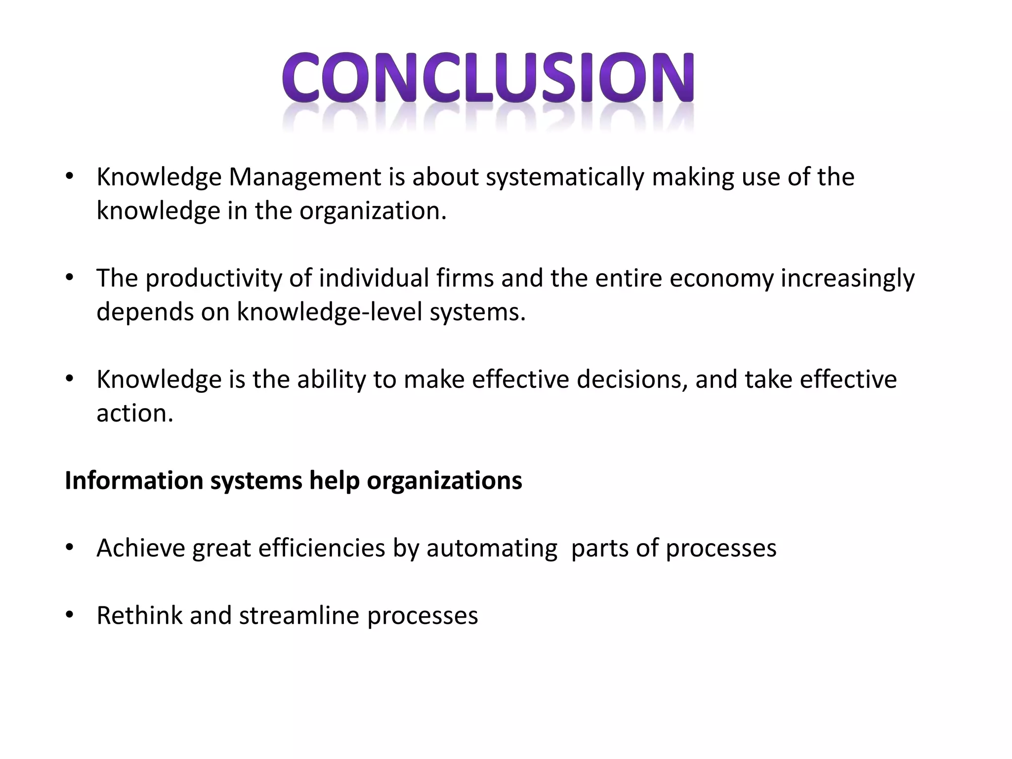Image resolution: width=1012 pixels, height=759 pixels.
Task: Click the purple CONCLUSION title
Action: pos(488,79)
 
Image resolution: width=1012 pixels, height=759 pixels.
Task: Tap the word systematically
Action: pos(565,177)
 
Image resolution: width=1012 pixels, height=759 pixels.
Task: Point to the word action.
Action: pos(135,414)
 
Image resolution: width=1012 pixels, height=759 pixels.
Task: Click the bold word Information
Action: pos(134,481)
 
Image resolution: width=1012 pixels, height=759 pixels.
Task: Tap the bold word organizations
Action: pos(444,481)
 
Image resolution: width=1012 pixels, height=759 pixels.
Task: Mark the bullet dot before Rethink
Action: pos(69,616)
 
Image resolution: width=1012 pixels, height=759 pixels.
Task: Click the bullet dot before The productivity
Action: pos(69,278)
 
